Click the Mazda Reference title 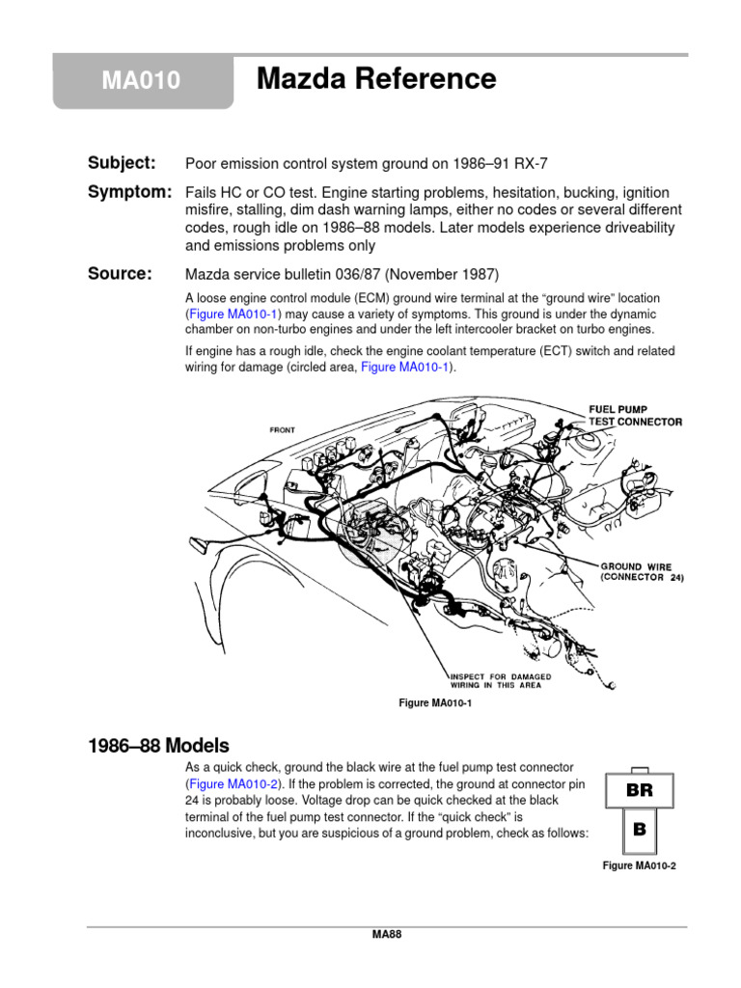[x=376, y=79]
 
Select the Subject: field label [x=122, y=162]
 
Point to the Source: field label [x=120, y=274]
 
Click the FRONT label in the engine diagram [x=282, y=430]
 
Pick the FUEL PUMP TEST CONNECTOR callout [x=635, y=416]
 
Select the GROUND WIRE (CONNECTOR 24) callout [x=642, y=572]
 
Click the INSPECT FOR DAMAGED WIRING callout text [x=500, y=681]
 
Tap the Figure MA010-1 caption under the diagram [x=435, y=703]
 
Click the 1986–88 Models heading [x=158, y=746]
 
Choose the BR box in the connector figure [x=639, y=789]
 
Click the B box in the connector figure [x=639, y=828]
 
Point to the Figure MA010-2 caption [x=639, y=866]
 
